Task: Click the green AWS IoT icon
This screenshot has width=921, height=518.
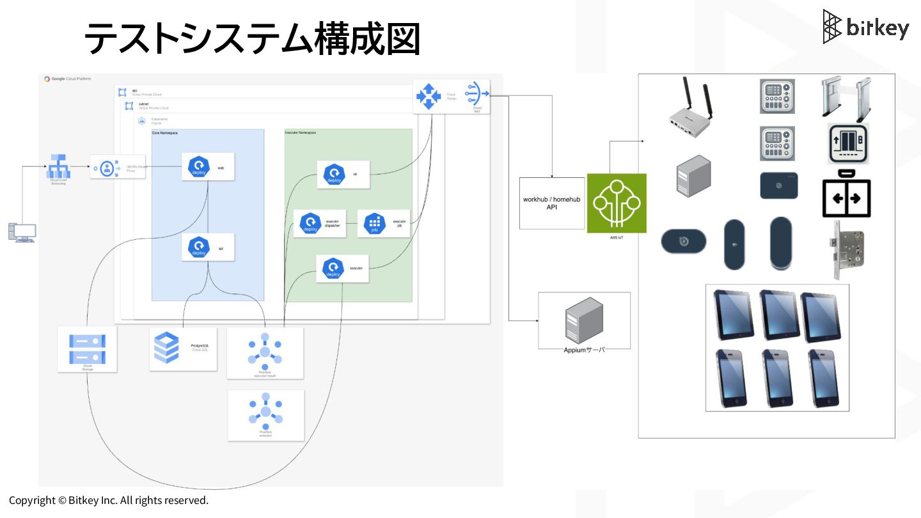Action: click(617, 203)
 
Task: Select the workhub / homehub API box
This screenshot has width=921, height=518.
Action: click(551, 203)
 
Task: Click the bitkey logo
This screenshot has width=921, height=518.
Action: click(865, 27)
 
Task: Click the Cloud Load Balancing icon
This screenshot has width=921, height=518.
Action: click(59, 166)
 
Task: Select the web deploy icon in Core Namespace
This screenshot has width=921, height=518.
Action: click(198, 167)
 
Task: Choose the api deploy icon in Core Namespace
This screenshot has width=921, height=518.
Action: click(198, 247)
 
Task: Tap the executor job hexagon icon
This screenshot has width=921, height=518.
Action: click(375, 223)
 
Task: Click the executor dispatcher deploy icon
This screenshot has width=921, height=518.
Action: click(310, 223)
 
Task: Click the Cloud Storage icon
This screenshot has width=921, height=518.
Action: click(87, 349)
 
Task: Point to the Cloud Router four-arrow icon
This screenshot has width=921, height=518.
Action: click(429, 96)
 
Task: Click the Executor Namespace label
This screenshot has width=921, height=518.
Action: click(300, 132)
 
